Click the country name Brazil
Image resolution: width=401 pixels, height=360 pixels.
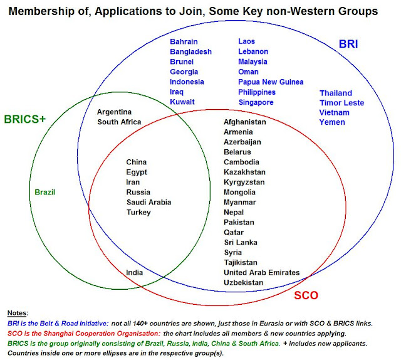click(45, 192)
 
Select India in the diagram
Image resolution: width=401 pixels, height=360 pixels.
click(135, 272)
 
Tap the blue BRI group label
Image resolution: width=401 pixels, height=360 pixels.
click(348, 45)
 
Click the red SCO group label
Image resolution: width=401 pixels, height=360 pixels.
click(306, 295)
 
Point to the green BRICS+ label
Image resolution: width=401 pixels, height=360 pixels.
click(24, 119)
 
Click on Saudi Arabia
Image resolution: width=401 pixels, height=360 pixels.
click(148, 202)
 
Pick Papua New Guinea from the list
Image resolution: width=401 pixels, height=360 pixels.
click(271, 82)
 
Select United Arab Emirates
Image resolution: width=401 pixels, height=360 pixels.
click(262, 272)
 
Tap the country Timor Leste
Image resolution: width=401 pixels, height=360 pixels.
click(341, 102)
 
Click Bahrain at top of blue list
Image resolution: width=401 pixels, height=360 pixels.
click(185, 41)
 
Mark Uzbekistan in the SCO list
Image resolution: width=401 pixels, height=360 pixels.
click(244, 282)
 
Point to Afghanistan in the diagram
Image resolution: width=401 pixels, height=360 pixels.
click(245, 122)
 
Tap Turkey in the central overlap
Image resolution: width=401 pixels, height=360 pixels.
click(138, 212)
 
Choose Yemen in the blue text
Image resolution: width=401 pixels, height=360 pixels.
click(332, 122)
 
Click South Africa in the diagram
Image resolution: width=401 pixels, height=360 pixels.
click(119, 122)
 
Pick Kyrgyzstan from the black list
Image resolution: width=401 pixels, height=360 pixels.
click(244, 182)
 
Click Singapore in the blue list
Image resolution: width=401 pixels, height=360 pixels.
click(256, 102)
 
